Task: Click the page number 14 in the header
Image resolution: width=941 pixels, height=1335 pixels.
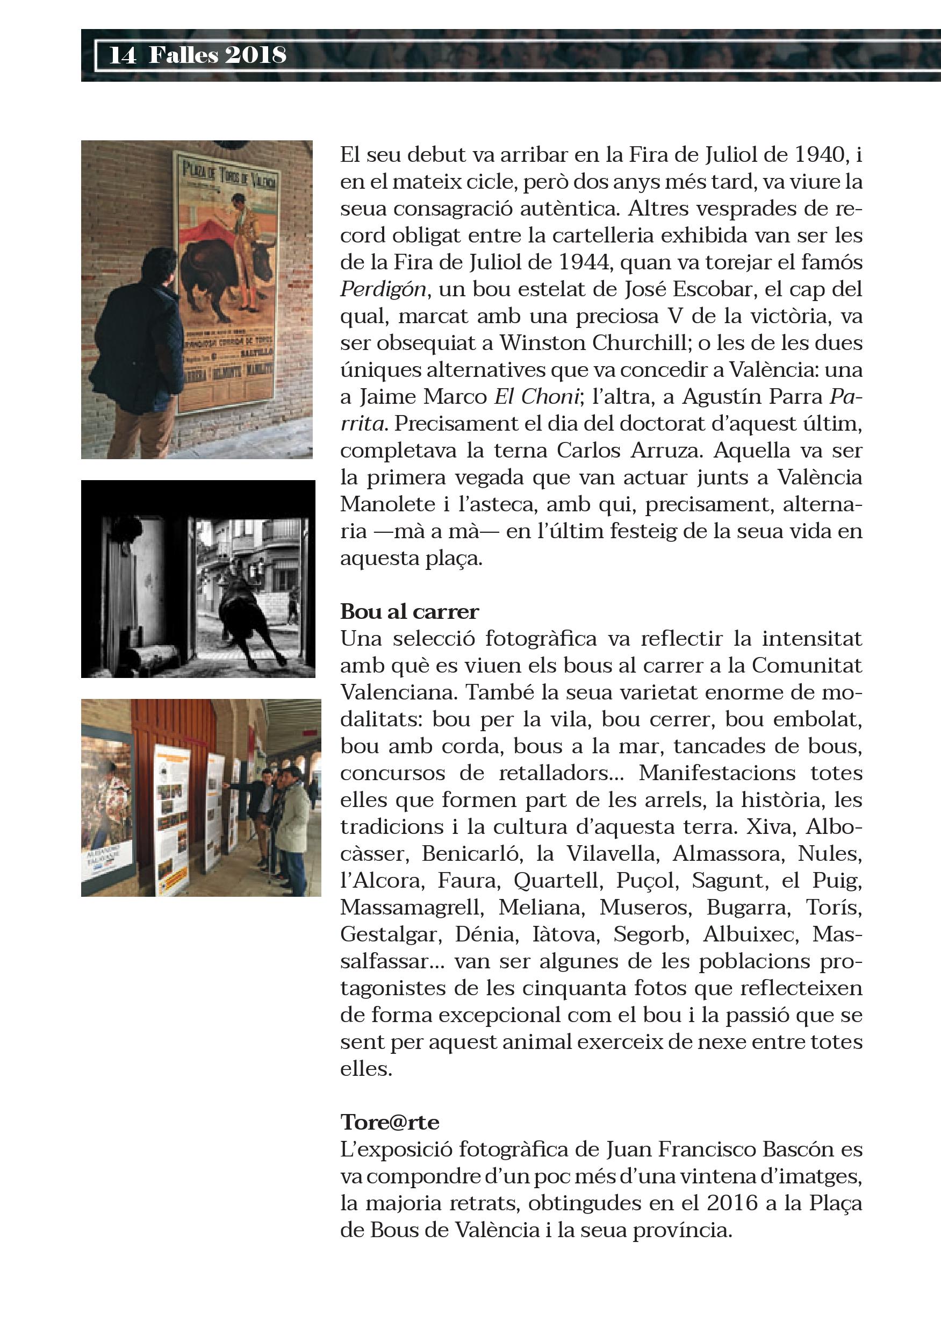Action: (x=123, y=56)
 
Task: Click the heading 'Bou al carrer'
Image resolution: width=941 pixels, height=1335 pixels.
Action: (x=409, y=612)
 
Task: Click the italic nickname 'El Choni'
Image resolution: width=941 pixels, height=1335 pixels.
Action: (x=536, y=397)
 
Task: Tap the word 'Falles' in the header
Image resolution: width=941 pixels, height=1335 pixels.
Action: (x=183, y=56)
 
